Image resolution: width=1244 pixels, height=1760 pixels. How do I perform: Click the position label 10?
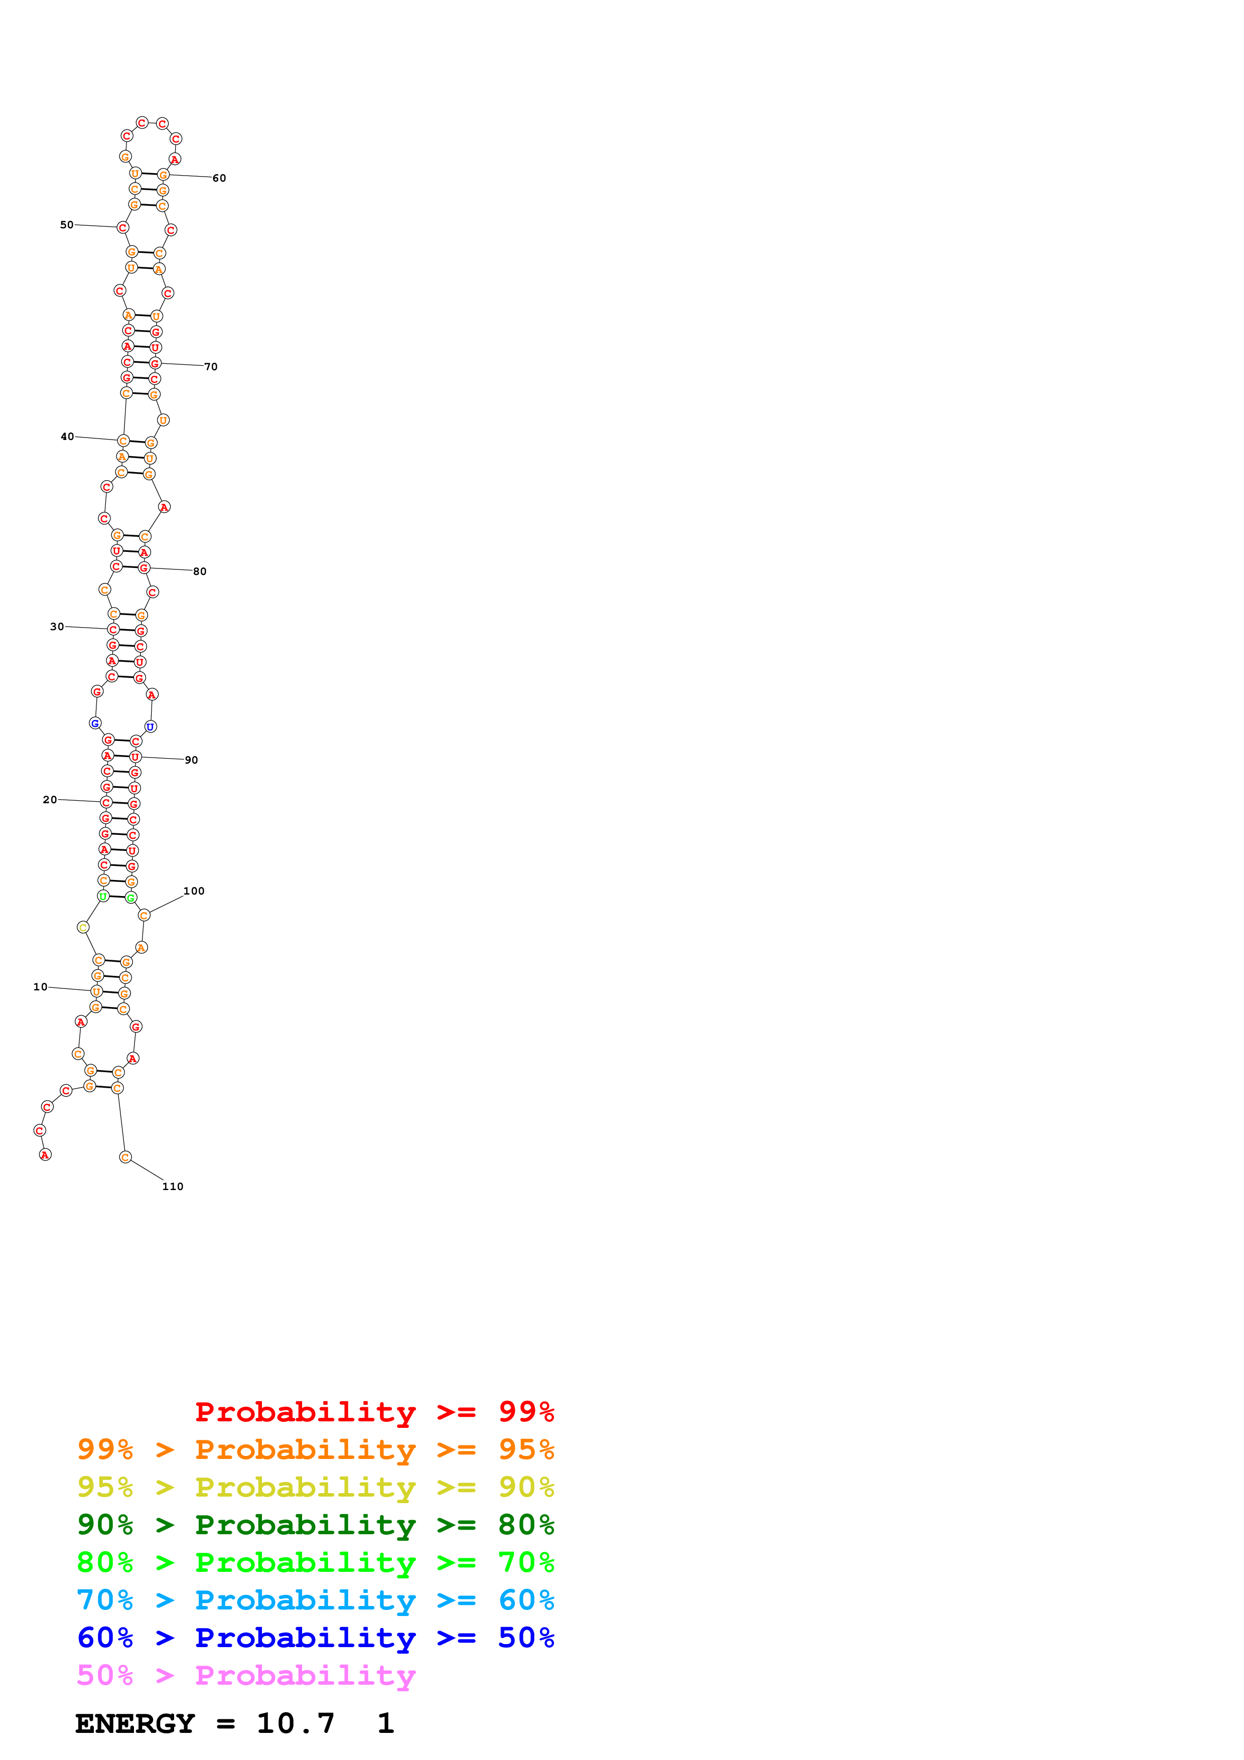[x=40, y=986]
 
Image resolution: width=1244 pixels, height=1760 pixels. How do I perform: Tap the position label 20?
[x=50, y=800]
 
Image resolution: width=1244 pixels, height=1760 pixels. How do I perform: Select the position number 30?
[x=57, y=626]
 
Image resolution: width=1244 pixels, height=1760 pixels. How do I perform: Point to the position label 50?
[x=67, y=225]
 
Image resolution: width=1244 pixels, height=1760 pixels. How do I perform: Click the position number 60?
[x=219, y=178]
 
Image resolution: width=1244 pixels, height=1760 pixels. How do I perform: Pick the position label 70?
[x=211, y=366]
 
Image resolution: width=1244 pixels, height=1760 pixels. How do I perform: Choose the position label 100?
[x=194, y=891]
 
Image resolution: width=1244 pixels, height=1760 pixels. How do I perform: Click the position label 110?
[x=173, y=1187]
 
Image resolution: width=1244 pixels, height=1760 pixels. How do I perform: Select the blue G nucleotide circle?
[x=95, y=723]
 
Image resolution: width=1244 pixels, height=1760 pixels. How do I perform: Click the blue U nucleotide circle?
[x=150, y=726]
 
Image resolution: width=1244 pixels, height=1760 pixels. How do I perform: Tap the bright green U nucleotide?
[x=103, y=896]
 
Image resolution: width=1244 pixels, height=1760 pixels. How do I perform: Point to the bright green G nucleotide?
[x=130, y=898]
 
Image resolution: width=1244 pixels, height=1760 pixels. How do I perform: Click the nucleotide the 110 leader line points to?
[x=125, y=1157]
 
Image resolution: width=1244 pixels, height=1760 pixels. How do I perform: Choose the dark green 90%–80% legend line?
[x=315, y=1525]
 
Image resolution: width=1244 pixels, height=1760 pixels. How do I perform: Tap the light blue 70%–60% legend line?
[x=315, y=1600]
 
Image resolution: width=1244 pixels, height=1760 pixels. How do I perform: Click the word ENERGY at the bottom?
[x=135, y=1723]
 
